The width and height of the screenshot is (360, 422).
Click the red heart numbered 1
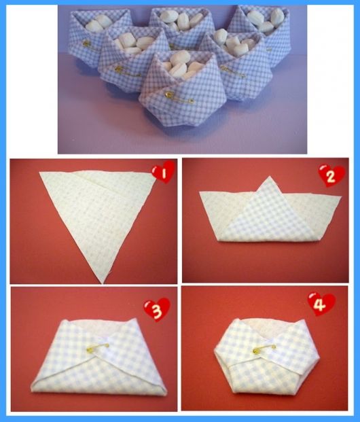(x=164, y=172)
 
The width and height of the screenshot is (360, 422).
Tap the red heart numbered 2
(x=331, y=175)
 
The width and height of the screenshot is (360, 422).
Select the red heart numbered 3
(x=157, y=309)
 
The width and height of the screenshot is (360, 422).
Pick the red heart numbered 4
(x=321, y=304)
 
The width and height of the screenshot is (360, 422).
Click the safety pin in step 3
(x=97, y=347)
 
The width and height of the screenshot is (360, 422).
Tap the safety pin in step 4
(x=264, y=349)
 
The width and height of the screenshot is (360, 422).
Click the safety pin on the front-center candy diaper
(x=179, y=98)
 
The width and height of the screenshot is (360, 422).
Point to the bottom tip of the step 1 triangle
(x=103, y=283)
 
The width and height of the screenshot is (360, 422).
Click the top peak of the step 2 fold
(x=270, y=177)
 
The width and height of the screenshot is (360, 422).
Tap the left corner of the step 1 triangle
(x=40, y=172)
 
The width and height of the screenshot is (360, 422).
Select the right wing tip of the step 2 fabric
(x=341, y=197)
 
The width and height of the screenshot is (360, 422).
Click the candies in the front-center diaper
(x=180, y=67)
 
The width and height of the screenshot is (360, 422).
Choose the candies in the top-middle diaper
(x=181, y=19)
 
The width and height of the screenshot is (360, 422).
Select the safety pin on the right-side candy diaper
(x=233, y=71)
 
